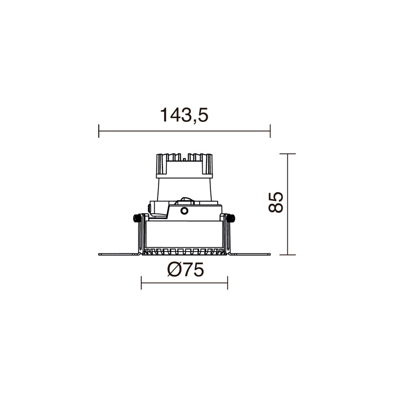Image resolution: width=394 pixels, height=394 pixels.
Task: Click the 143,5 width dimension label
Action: tap(184, 115)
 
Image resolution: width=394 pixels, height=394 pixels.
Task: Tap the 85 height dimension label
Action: tap(276, 202)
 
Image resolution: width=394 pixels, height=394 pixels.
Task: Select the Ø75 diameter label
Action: tap(185, 270)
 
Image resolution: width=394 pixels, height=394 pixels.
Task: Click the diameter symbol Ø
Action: tap(174, 270)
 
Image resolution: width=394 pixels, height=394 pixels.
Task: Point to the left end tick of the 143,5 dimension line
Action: tap(99, 131)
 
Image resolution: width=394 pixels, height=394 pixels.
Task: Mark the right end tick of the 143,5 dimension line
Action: tap(270, 131)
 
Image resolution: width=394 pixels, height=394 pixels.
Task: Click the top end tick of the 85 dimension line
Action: tap(288, 154)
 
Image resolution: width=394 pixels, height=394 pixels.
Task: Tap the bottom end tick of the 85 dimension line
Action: tap(288, 255)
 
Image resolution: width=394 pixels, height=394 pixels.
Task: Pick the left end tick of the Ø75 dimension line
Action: tap(141, 283)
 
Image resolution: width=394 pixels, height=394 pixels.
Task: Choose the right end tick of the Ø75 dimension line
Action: tap(228, 283)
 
